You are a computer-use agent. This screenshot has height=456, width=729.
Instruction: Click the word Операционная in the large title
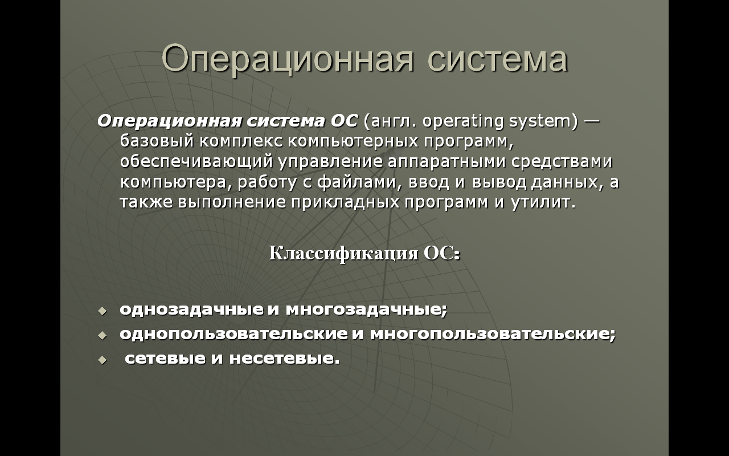[288, 60]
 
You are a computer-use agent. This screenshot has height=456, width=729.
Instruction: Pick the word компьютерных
[353, 142]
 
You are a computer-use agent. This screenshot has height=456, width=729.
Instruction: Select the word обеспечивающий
[196, 162]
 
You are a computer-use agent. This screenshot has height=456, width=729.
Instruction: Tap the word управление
[330, 162]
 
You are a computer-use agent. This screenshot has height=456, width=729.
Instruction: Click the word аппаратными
[447, 162]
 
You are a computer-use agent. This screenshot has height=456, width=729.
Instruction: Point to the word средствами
[562, 162]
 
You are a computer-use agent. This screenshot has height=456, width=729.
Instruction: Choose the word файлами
[357, 182]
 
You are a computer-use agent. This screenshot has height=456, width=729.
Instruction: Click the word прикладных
[345, 202]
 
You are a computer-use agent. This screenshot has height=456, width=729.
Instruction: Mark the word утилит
[543, 202]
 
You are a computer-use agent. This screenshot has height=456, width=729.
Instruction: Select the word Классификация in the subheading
[343, 254]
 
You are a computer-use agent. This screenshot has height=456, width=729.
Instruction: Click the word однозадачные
[192, 310]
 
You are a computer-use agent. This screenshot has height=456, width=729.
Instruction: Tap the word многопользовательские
[493, 334]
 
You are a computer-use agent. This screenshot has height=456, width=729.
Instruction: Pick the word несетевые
[284, 359]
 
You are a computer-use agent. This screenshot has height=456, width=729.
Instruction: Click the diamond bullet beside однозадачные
[102, 311]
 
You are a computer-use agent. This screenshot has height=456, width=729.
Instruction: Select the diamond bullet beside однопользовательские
[102, 336]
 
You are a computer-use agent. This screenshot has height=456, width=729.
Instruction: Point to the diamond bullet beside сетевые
[102, 360]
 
